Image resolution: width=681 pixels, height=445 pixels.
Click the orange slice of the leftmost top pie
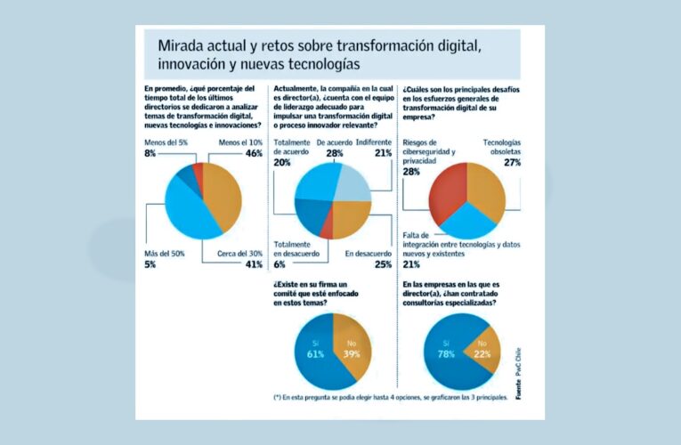pyautogui.click(x=220, y=198)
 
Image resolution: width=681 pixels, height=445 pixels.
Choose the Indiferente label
pyautogui.click(x=374, y=142)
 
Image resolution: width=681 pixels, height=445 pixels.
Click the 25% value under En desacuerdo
pyautogui.click(x=382, y=264)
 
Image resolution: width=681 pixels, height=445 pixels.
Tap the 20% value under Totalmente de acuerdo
pyautogui.click(x=282, y=163)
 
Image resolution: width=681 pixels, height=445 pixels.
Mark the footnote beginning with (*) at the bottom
pyautogui.click(x=391, y=397)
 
